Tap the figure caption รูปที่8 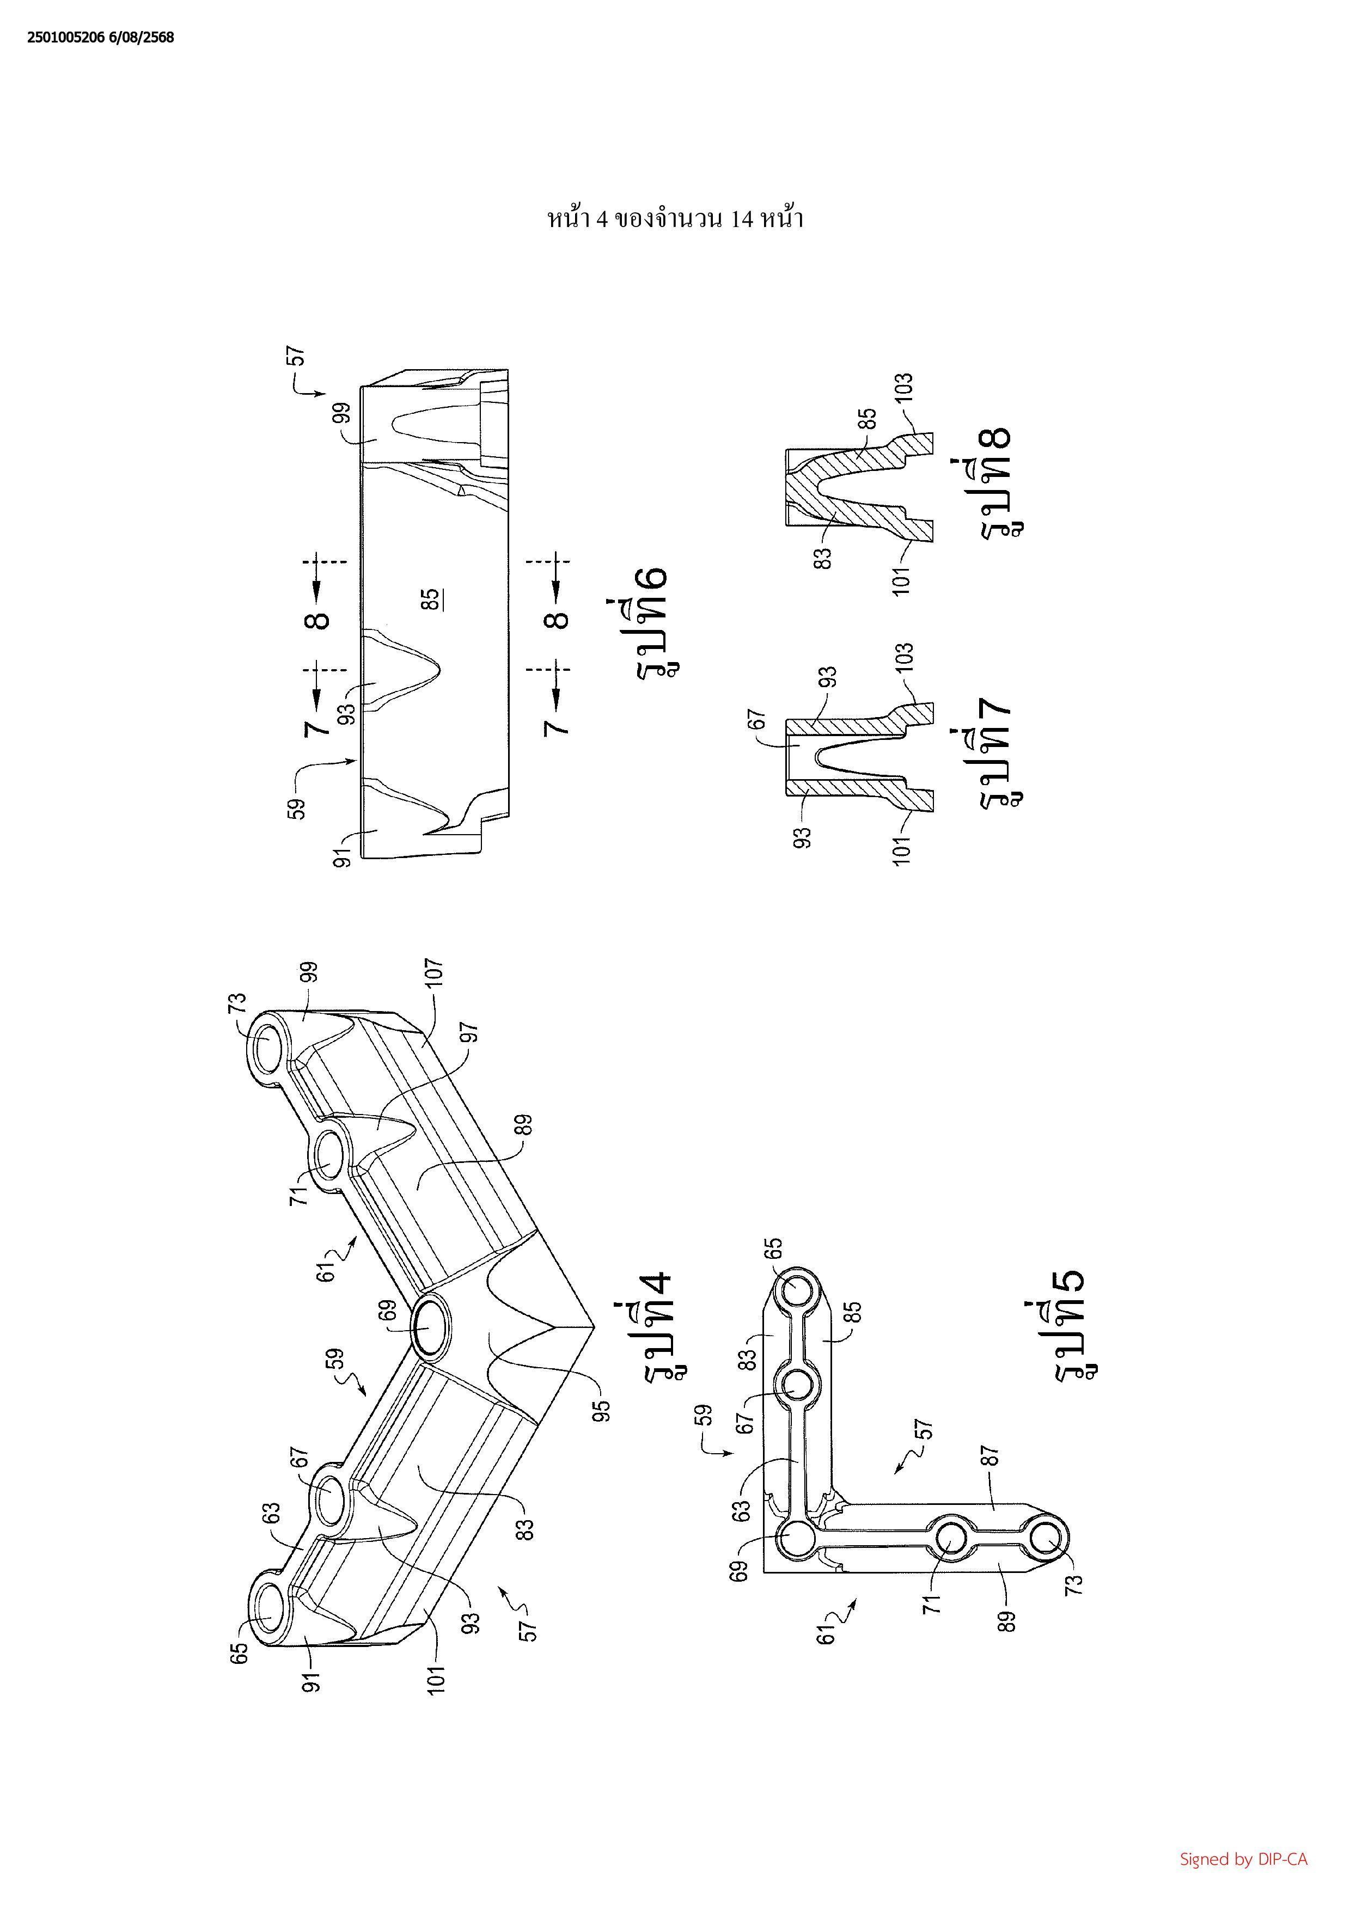(998, 479)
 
